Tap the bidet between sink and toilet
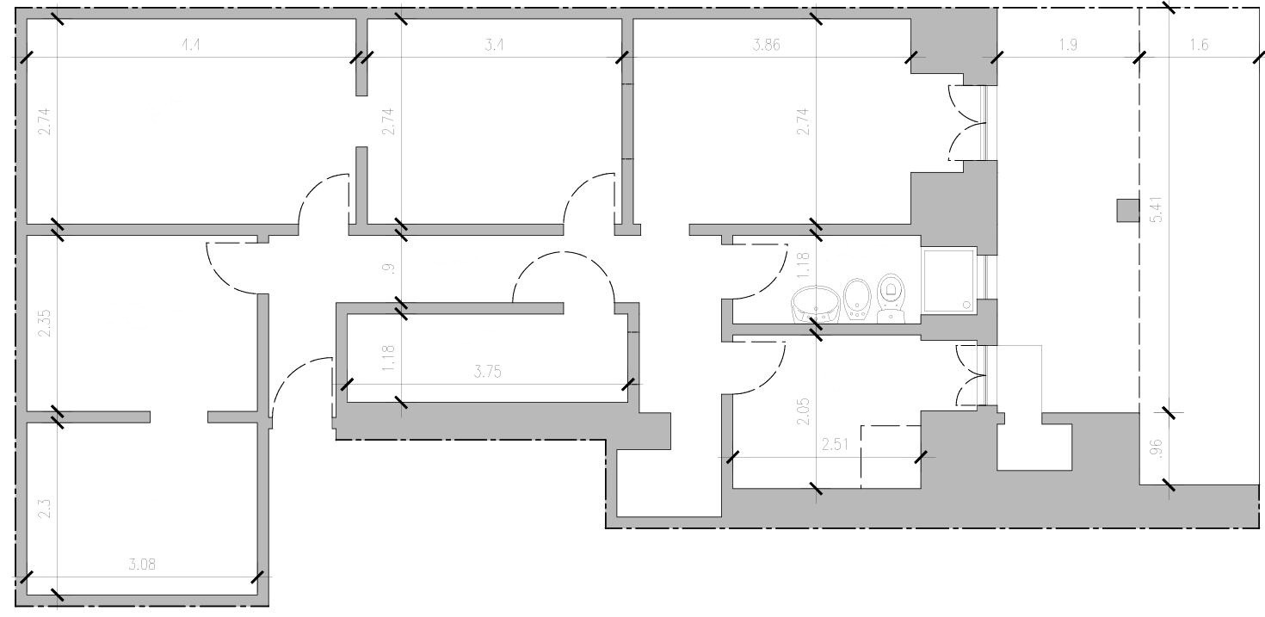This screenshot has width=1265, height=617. pyautogui.click(x=856, y=299)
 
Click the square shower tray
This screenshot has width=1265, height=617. pyautogui.click(x=949, y=280)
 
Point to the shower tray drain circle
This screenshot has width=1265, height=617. pyautogui.click(x=968, y=304)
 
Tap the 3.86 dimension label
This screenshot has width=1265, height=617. pyautogui.click(x=766, y=46)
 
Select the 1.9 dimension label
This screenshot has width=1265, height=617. pyautogui.click(x=1067, y=46)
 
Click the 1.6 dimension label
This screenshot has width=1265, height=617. pyautogui.click(x=1199, y=46)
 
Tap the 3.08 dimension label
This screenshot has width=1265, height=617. pyautogui.click(x=142, y=565)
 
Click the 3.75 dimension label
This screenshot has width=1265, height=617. pyautogui.click(x=488, y=373)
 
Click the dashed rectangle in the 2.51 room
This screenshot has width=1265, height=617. pyautogui.click(x=891, y=456)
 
